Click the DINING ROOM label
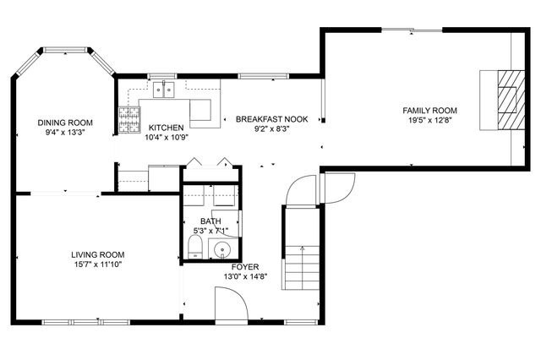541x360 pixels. tap(65, 123)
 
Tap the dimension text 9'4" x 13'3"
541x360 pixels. tap(65, 132)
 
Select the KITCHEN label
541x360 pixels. tap(167, 128)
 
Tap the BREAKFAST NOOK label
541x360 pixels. tap(271, 119)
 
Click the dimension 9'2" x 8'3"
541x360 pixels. tap(271, 128)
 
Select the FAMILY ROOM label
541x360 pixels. tap(429, 110)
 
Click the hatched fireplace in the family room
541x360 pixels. tap(507, 99)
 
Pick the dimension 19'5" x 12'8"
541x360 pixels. tap(429, 120)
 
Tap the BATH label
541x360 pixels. tap(210, 221)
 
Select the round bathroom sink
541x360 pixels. tap(223, 249)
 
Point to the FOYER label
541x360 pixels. tap(245, 266)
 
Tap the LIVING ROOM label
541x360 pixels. tap(98, 254)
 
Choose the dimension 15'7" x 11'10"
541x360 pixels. tap(98, 265)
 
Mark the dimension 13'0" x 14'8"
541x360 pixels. tap(245, 276)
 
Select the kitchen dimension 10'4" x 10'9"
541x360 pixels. tap(167, 137)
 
